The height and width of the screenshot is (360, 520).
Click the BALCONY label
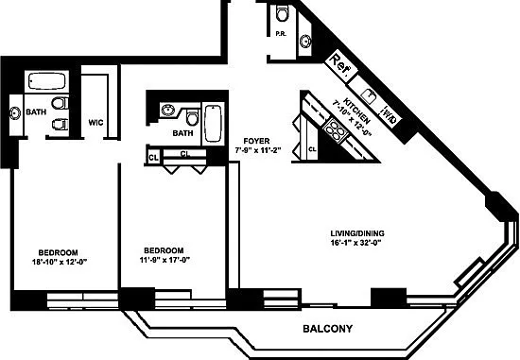pyautogui.click(x=328, y=329)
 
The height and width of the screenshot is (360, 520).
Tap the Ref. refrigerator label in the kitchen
pyautogui.click(x=341, y=65)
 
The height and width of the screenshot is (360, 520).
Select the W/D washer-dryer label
pyautogui.click(x=390, y=114)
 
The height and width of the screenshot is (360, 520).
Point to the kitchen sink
pyautogui.click(x=369, y=95)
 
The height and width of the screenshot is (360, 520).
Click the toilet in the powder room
pyautogui.click(x=283, y=13)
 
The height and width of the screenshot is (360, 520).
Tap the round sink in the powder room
pyautogui.click(x=305, y=42)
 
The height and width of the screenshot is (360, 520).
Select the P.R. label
pyautogui.click(x=281, y=34)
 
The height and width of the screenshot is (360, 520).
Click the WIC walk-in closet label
pyautogui.click(x=95, y=123)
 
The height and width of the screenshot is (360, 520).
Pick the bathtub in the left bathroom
pyautogui.click(x=46, y=81)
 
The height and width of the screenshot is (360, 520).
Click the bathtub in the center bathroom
pyautogui.click(x=213, y=124)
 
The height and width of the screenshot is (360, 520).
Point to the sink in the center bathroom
pyautogui.click(x=168, y=110)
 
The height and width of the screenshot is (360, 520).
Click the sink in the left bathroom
pyautogui.click(x=15, y=113)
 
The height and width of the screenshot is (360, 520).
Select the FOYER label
pyautogui.click(x=256, y=141)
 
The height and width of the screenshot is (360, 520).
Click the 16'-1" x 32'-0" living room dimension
pyautogui.click(x=355, y=242)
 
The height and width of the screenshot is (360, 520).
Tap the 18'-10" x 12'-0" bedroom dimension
pyautogui.click(x=60, y=262)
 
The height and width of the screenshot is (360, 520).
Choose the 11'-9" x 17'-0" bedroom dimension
pyautogui.click(x=165, y=260)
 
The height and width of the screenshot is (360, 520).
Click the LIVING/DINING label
pyautogui.click(x=357, y=233)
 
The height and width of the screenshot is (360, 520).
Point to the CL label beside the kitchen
pyautogui.click(x=312, y=149)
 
